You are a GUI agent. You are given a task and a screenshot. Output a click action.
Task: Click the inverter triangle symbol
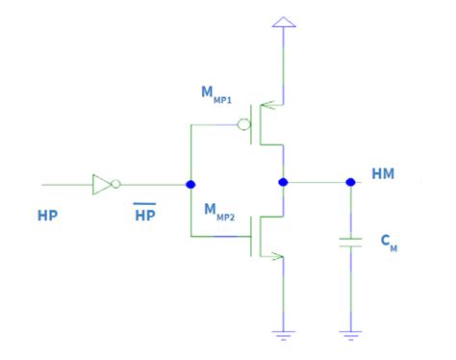pyautogui.click(x=102, y=184)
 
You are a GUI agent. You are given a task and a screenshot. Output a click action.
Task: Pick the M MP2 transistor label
pyautogui.click(x=218, y=209)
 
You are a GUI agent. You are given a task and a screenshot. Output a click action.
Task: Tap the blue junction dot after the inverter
pyautogui.click(x=190, y=184)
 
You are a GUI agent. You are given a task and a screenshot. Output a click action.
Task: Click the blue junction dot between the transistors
pyautogui.click(x=283, y=181)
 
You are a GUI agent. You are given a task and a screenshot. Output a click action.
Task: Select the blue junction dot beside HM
pyautogui.click(x=350, y=181)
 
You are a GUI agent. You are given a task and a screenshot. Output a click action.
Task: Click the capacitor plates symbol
pyautogui.click(x=350, y=244)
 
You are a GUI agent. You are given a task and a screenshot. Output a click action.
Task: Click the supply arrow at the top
pyautogui.click(x=283, y=22)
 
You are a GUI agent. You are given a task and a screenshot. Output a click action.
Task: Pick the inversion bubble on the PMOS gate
pyautogui.click(x=245, y=124)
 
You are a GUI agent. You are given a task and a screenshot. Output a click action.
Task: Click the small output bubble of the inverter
pyautogui.click(x=116, y=184)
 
